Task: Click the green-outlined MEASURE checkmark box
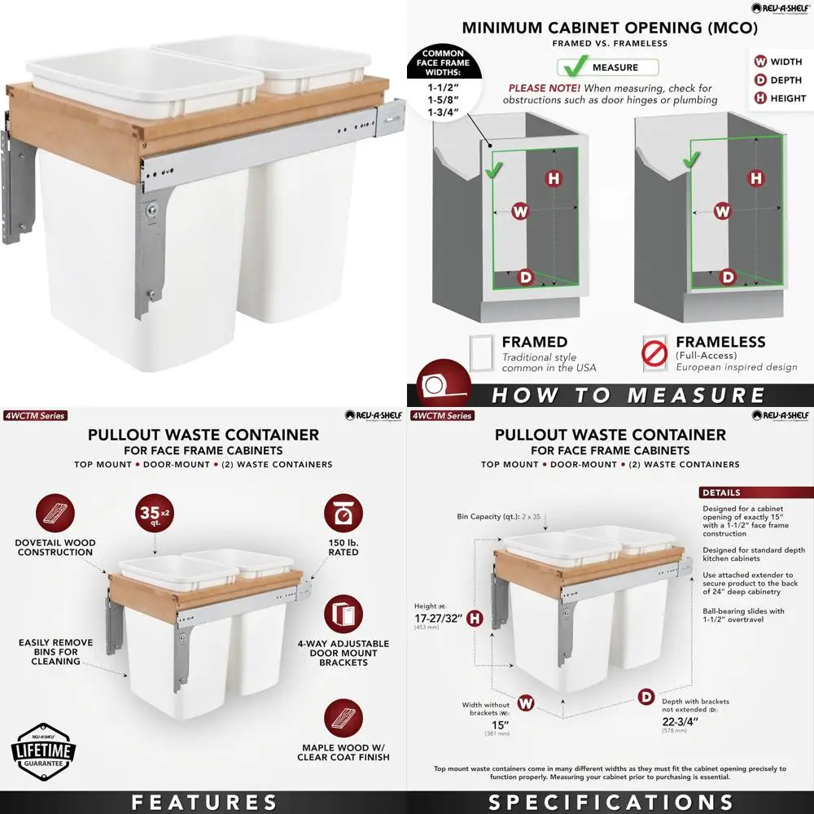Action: (607, 68)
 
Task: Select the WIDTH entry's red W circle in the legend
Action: (760, 62)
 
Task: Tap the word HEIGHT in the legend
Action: (788, 98)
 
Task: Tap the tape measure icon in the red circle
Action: (443, 383)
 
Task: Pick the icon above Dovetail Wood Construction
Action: (55, 513)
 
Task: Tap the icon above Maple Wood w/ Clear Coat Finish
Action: (343, 719)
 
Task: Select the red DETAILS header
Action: (755, 492)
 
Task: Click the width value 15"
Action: (499, 725)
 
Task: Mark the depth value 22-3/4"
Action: (681, 720)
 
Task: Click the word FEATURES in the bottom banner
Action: (203, 802)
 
